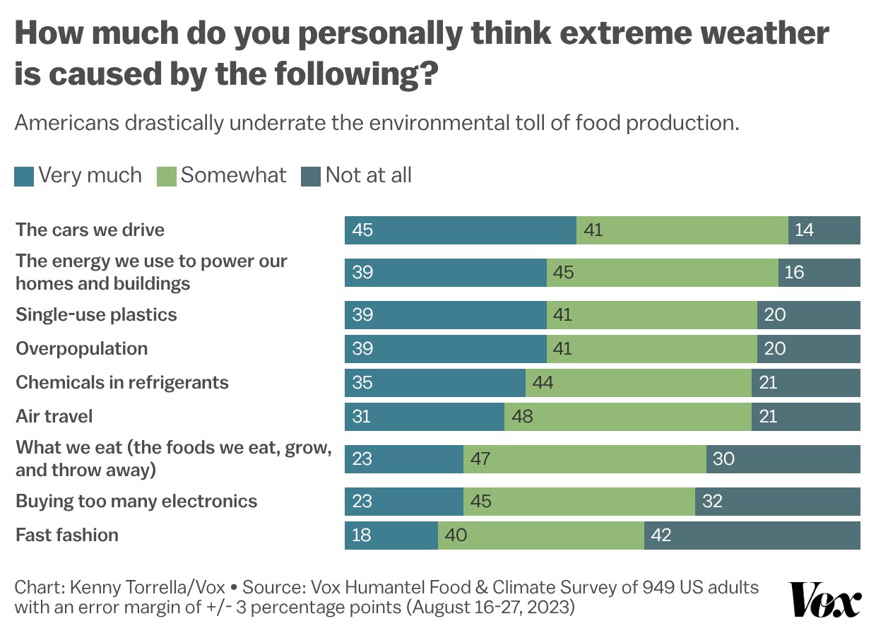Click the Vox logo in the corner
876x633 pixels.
(825, 600)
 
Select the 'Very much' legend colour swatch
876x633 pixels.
(24, 176)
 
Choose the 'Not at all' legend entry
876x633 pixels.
(357, 175)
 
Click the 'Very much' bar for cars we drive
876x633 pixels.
(460, 230)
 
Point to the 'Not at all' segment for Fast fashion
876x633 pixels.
(752, 535)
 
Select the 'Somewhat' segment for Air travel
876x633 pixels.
(627, 416)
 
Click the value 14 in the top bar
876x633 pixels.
(804, 230)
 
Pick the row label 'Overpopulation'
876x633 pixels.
(82, 348)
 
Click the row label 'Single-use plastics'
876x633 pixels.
(96, 314)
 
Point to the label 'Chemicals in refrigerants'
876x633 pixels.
(122, 382)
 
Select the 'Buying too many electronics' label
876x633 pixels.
(136, 501)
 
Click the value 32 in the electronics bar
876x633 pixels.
(712, 502)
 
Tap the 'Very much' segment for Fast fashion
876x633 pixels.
(391, 535)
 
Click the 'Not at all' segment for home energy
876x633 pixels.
(819, 273)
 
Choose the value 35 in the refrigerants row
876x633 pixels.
(362, 383)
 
